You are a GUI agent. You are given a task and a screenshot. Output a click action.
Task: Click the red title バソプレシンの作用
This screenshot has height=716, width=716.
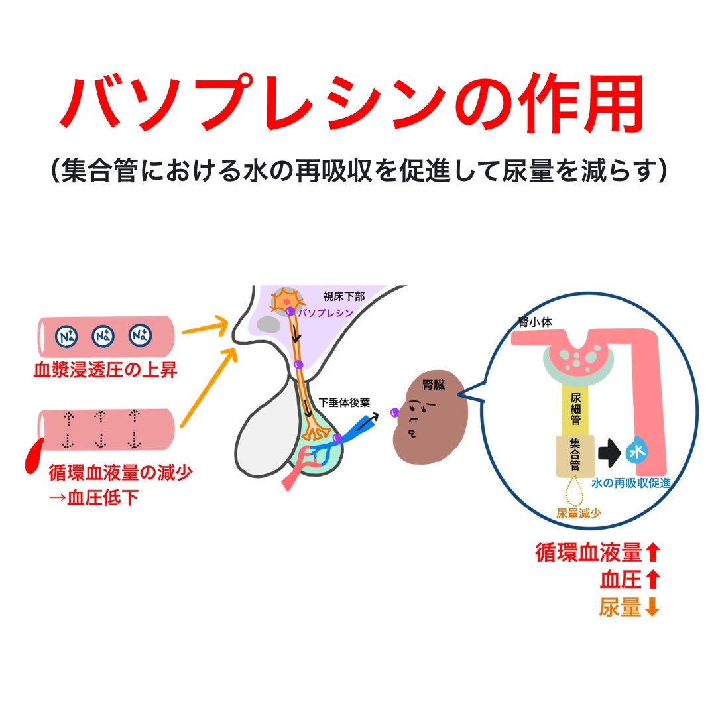[351, 103]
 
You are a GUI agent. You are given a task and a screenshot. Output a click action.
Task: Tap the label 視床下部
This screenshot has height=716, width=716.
[344, 296]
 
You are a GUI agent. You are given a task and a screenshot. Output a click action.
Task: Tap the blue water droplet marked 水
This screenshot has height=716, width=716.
[638, 453]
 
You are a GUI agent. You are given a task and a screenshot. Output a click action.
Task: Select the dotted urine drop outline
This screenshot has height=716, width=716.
[573, 494]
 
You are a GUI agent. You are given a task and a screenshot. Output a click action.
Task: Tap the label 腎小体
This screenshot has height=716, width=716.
[536, 322]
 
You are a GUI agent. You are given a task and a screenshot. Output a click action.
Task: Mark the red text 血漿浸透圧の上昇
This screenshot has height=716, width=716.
[105, 369]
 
